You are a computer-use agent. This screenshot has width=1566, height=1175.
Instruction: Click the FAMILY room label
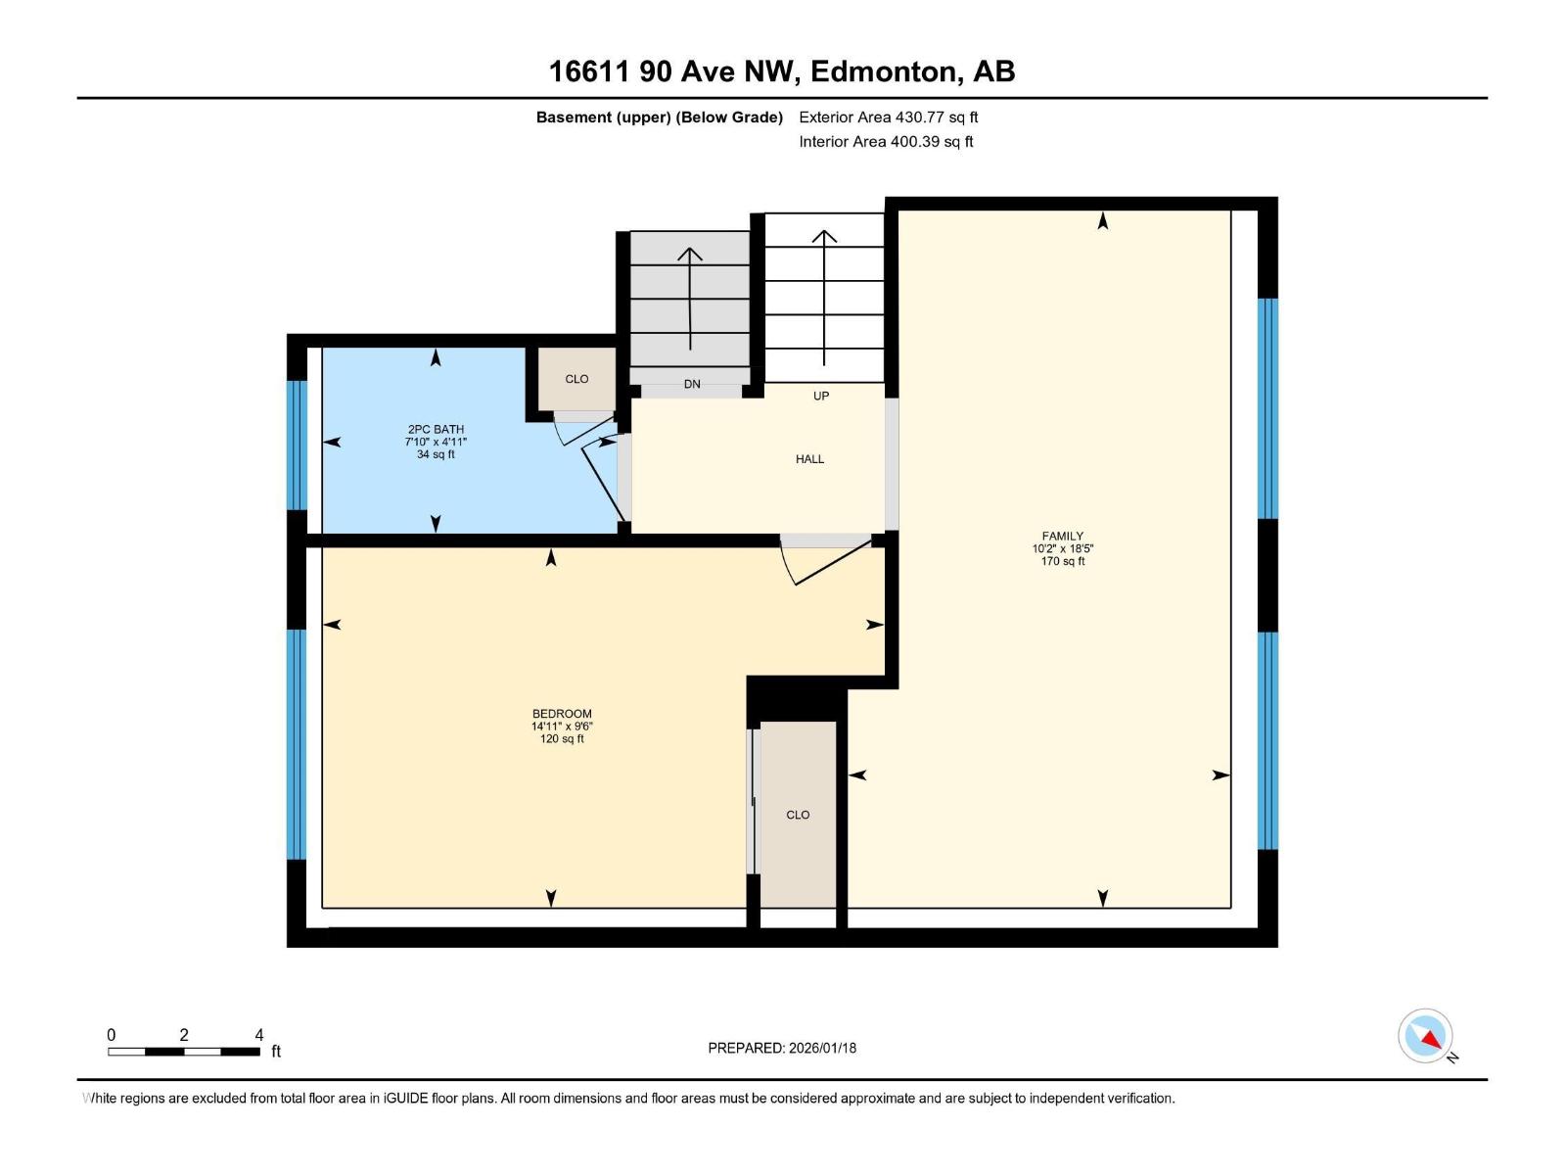[1062, 536]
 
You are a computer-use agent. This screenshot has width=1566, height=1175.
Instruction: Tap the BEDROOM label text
[562, 714]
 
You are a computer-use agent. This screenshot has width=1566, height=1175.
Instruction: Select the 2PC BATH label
[436, 429]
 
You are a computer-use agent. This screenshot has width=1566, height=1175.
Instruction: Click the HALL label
[809, 458]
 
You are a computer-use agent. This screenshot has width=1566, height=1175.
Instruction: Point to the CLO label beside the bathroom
[576, 379]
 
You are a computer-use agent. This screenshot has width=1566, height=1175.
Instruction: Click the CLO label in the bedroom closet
[798, 815]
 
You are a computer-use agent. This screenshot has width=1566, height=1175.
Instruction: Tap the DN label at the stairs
[692, 384]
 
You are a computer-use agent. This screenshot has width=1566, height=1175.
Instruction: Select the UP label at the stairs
[821, 396]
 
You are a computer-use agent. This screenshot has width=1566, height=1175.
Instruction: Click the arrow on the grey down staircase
[690, 299]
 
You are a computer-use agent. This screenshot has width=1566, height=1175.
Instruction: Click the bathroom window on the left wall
[297, 445]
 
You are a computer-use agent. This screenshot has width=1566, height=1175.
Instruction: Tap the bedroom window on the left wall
[297, 744]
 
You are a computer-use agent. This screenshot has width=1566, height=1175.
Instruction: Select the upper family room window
[1267, 408]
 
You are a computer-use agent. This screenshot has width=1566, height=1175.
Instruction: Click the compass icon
[1426, 1036]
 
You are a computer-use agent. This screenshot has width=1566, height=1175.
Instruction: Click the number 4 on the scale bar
[259, 1035]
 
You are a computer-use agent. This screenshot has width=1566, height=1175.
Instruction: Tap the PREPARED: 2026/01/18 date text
[782, 1048]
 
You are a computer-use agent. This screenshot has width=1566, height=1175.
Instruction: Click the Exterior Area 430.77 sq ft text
[888, 117]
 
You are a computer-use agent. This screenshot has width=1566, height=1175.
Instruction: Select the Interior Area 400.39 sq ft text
[886, 141]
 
